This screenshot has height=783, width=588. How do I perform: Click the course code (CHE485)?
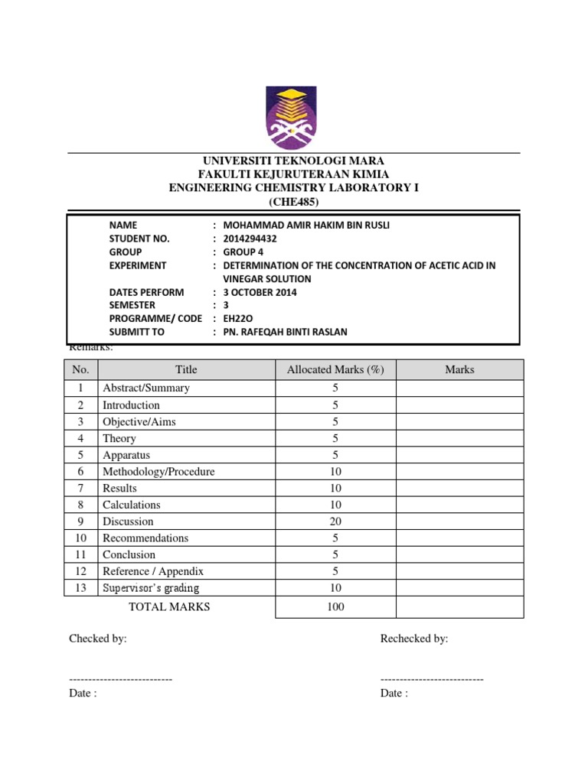[x=293, y=202]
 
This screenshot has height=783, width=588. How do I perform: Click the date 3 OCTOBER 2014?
[x=260, y=292]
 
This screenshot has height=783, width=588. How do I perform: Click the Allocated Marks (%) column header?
[x=335, y=369]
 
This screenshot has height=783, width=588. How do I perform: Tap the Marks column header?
[x=459, y=369]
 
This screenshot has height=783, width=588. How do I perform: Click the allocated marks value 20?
[x=335, y=521]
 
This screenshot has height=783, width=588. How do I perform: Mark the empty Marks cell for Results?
[x=459, y=488]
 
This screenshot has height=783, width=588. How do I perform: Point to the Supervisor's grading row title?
[x=151, y=588]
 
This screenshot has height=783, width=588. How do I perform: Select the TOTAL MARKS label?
[x=169, y=606]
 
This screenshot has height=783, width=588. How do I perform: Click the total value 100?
[x=335, y=607]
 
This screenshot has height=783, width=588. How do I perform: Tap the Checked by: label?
[x=98, y=638]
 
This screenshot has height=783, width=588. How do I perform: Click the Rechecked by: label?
[x=414, y=638]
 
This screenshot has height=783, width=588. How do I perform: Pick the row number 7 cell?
[x=80, y=488]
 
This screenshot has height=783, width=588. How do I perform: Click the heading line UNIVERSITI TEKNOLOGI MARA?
[x=293, y=161]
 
